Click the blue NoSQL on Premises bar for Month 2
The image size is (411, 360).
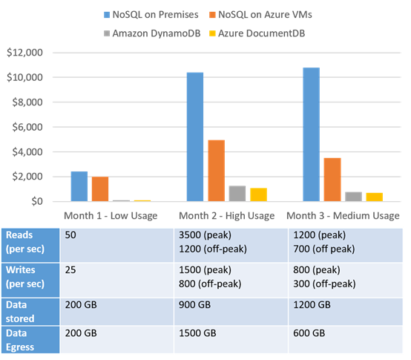[196, 137]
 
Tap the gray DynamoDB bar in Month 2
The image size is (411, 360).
[217, 193]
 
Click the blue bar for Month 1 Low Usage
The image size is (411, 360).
[79, 186]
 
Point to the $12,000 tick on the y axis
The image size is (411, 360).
[23, 53]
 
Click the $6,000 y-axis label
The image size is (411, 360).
[26, 127]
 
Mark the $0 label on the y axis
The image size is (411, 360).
[35, 202]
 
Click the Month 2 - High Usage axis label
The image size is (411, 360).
[226, 215]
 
